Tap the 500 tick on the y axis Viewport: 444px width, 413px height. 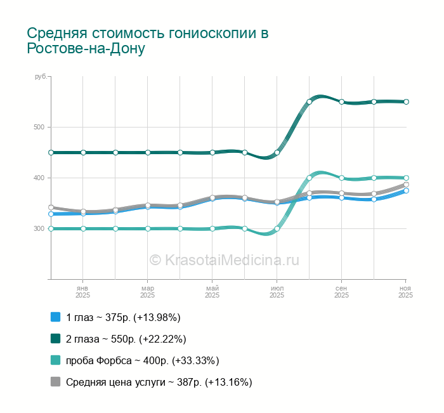[x=39, y=127]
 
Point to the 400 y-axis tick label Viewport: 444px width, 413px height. [x=39, y=178]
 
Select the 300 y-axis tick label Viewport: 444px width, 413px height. [x=39, y=228]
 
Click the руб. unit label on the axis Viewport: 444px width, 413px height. [x=41, y=77]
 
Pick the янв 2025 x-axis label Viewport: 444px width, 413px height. [x=82, y=292]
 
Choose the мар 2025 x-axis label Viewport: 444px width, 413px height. [x=147, y=292]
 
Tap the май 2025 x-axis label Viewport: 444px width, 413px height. [x=212, y=292]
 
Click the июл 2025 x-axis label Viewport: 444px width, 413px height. [x=277, y=292]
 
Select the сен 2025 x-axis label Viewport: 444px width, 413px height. [x=341, y=292]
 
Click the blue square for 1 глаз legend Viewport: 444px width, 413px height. [x=55, y=317]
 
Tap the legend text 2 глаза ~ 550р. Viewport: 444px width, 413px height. [x=126, y=339]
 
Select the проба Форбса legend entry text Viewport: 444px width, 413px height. [x=142, y=360]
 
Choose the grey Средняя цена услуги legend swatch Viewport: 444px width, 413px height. [x=55, y=382]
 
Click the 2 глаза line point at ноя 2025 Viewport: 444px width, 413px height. [x=406, y=102]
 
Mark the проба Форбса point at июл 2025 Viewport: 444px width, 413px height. [x=277, y=228]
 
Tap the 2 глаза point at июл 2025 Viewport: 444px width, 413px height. [x=277, y=152]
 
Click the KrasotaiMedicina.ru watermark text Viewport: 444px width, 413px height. [x=224, y=259]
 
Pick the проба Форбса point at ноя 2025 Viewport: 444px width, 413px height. [x=406, y=178]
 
